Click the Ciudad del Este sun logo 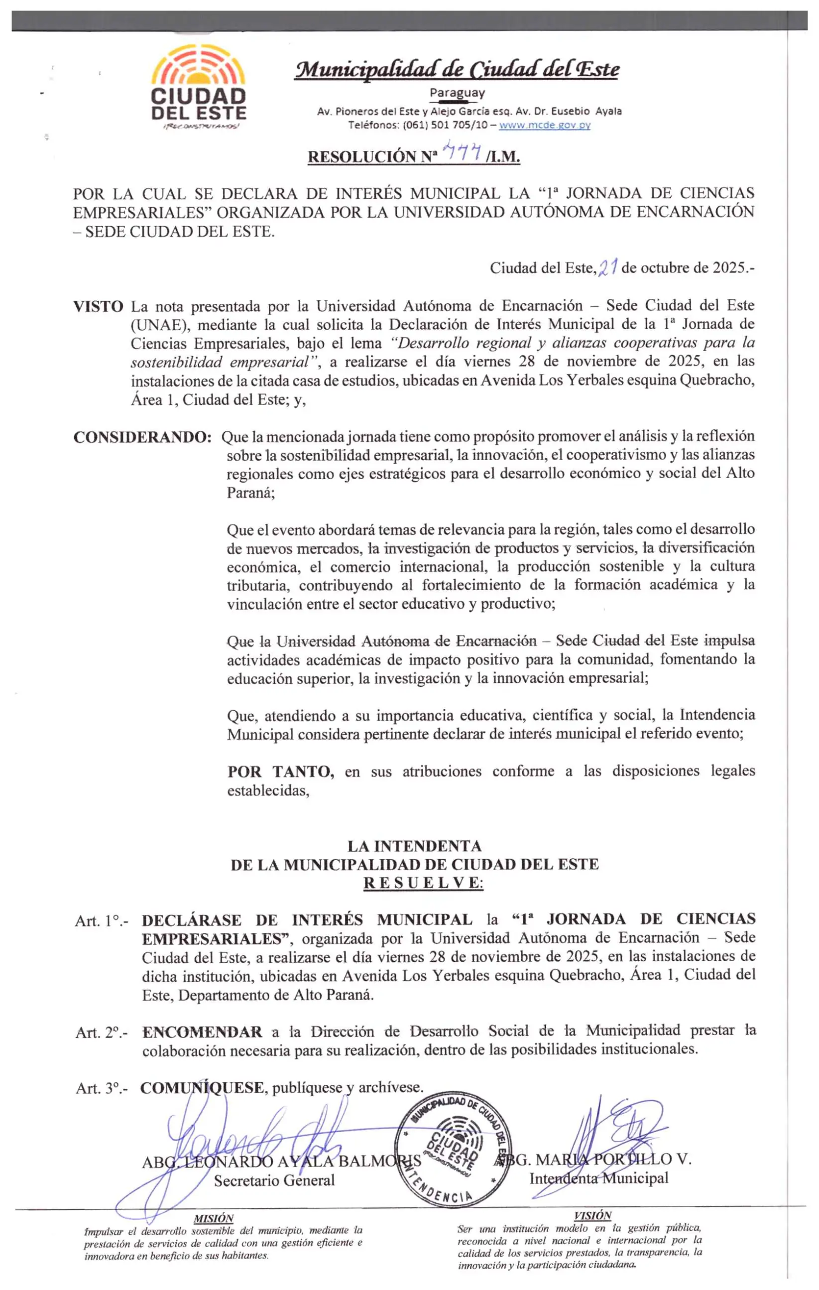198,86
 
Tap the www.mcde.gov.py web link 544,126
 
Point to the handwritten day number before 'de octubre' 609,267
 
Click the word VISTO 98,307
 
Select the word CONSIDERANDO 142,437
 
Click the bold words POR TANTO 281,772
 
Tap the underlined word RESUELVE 423,884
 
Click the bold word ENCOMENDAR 202,1032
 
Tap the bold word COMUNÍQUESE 202,1087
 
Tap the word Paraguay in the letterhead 457,93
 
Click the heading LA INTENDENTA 414,846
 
